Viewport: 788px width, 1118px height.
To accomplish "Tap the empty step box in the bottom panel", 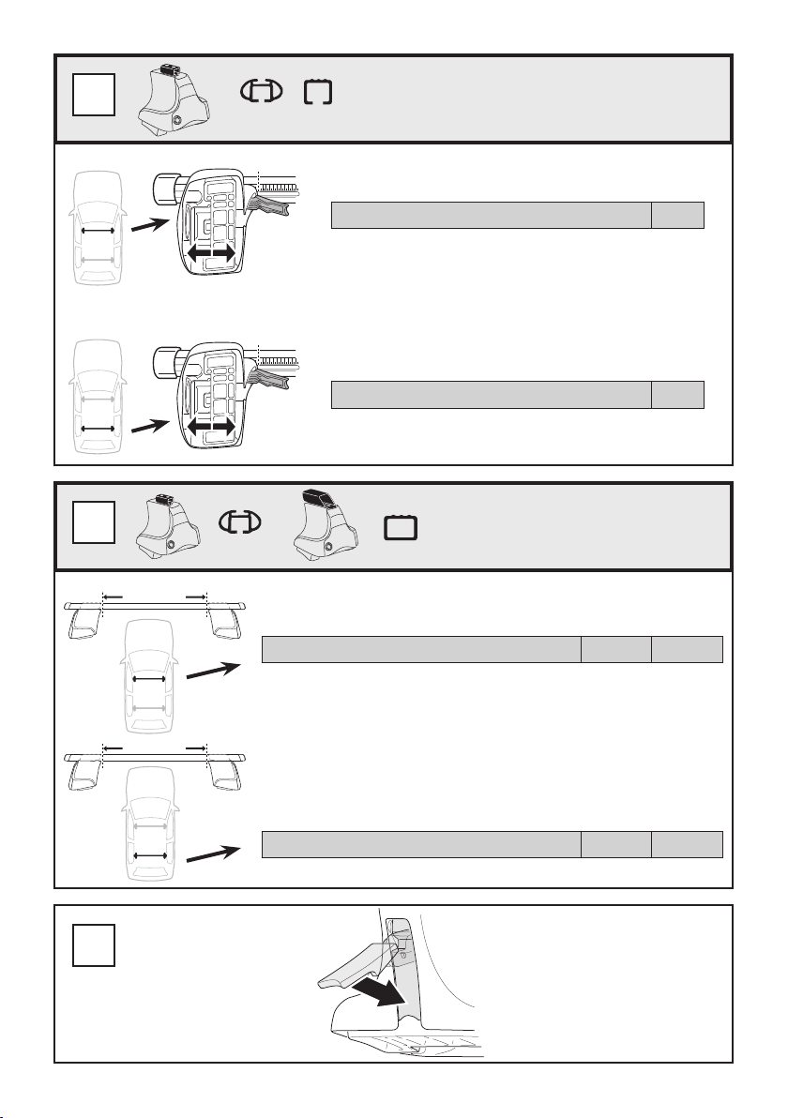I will pos(94,945).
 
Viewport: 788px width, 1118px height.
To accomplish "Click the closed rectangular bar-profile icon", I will pos(402,531).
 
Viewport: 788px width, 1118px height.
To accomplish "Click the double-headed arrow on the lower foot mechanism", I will pos(210,426).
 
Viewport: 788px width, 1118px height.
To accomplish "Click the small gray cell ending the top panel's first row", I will pos(677,215).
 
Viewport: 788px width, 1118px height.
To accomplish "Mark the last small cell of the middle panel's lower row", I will pos(688,844).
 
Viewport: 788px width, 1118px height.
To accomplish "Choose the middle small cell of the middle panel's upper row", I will pos(616,650).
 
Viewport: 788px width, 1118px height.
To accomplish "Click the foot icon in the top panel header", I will pos(176,98).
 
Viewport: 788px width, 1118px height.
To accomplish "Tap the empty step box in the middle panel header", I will pos(94,523).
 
